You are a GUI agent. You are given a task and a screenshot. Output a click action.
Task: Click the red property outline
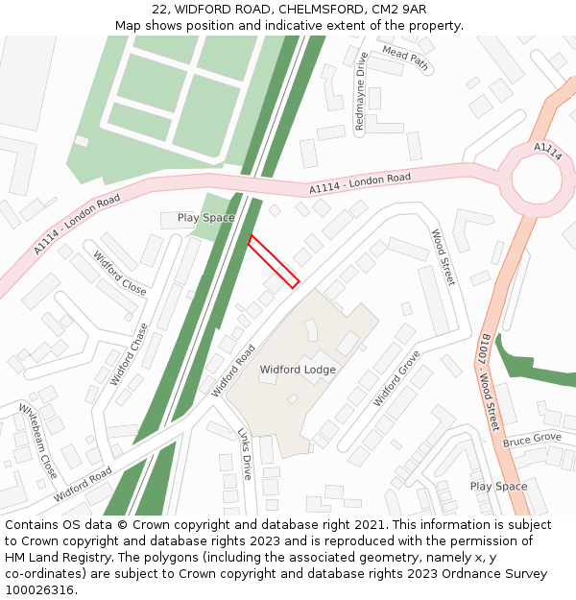click(274, 260)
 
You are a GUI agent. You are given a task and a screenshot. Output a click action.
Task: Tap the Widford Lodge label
click(298, 369)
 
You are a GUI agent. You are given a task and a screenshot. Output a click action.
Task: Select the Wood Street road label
click(443, 256)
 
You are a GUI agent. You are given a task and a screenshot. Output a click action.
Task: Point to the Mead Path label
click(405, 58)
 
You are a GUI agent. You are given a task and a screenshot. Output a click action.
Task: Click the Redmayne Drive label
click(361, 91)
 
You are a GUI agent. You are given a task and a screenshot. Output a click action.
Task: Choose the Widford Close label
click(120, 273)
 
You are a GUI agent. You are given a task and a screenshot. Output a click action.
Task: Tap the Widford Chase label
click(130, 353)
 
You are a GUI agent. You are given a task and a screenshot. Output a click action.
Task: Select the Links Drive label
click(245, 454)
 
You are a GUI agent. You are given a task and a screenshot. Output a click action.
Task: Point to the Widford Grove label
click(396, 377)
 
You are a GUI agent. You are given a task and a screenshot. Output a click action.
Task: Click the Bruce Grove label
click(532, 440)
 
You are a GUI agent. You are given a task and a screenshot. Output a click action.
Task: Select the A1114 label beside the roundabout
click(548, 150)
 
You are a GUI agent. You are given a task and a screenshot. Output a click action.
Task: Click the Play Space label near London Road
click(205, 218)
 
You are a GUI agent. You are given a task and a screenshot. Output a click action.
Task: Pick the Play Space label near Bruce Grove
click(498, 486)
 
